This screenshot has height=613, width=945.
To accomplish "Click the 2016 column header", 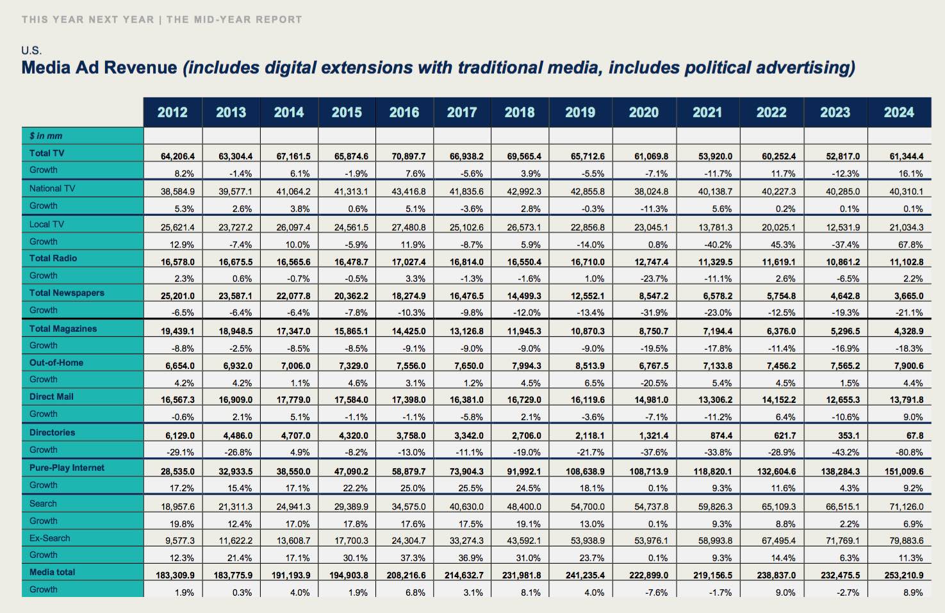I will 404,113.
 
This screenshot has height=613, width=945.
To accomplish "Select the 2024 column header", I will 899,113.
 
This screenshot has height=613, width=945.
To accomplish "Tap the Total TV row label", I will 47,153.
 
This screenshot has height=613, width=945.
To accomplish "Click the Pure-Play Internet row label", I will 67,468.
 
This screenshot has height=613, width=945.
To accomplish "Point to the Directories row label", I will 52,432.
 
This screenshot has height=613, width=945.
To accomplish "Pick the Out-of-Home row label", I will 56,363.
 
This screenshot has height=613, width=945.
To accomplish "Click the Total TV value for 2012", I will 177,156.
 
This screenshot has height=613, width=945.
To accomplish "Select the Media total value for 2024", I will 904,575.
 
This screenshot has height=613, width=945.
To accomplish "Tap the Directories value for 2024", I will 915,436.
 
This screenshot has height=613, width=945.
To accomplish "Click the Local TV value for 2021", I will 715,227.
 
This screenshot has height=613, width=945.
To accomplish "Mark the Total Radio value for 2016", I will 409,261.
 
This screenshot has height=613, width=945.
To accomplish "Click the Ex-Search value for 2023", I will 842,541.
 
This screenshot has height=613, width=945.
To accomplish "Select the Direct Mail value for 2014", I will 293,400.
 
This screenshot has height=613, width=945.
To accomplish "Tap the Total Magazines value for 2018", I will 524,331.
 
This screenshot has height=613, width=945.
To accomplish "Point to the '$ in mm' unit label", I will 45,136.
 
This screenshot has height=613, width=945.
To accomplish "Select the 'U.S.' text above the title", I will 31,51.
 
